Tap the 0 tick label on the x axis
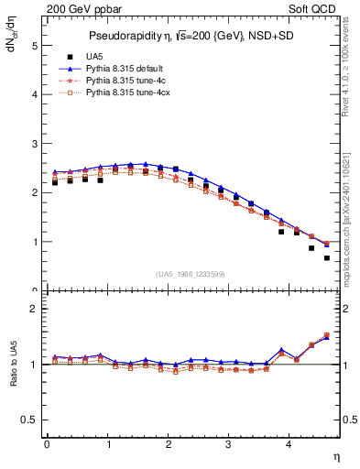tap(47, 446)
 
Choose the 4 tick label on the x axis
tap(289, 446)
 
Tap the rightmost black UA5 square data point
tap(326, 258)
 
